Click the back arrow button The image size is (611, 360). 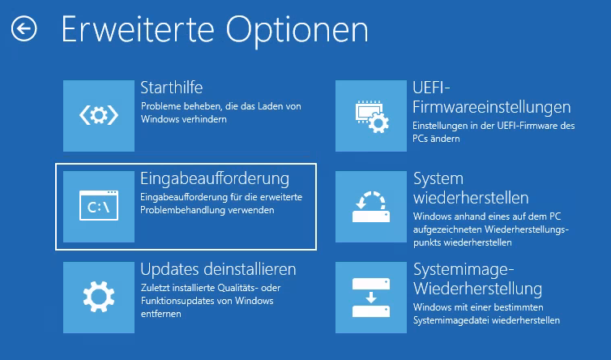(23, 28)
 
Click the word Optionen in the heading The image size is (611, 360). (297, 31)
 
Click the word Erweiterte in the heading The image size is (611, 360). (138, 29)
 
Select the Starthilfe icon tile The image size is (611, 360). (99, 116)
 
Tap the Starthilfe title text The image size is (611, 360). (172, 88)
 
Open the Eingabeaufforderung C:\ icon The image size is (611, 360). (99, 206)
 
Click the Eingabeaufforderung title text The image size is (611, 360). (215, 179)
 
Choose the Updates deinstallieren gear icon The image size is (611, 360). (99, 298)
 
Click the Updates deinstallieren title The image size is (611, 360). (218, 269)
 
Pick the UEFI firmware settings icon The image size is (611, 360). (371, 116)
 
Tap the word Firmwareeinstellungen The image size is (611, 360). (492, 107)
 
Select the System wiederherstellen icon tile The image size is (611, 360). (371, 206)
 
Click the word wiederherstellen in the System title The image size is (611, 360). (471, 198)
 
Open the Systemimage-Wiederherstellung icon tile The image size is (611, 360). (371, 298)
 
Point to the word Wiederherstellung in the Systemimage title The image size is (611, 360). (478, 289)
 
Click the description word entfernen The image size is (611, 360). (161, 314)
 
